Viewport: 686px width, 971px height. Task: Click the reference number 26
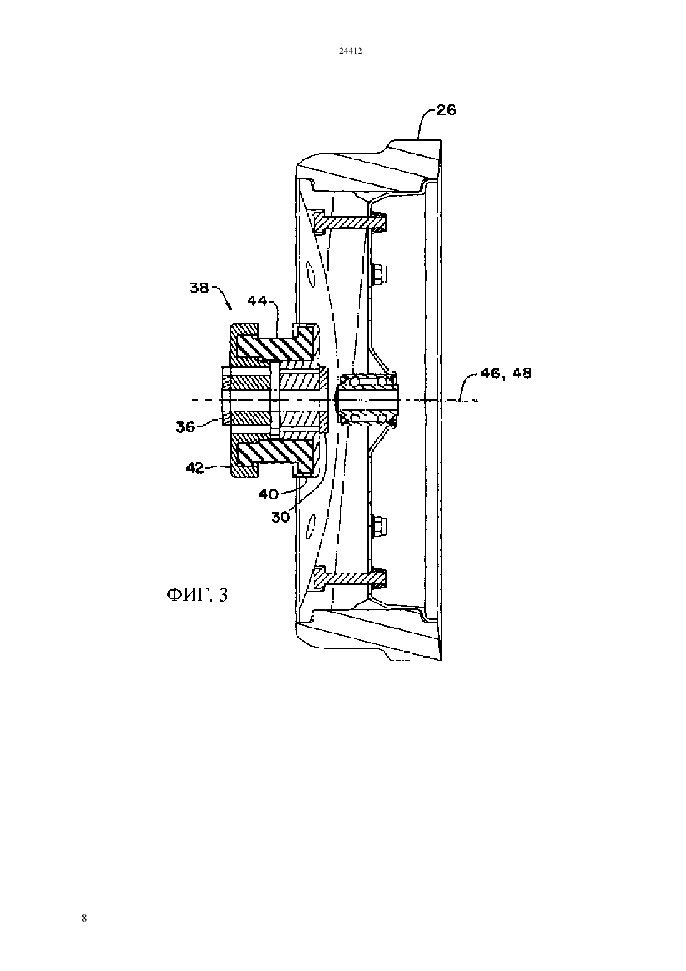(446, 110)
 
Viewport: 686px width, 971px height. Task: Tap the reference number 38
(200, 288)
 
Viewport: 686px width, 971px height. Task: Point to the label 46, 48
(506, 373)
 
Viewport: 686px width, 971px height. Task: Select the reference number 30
(281, 517)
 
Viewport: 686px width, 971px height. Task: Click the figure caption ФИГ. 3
(197, 595)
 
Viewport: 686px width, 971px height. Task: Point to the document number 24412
(350, 51)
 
